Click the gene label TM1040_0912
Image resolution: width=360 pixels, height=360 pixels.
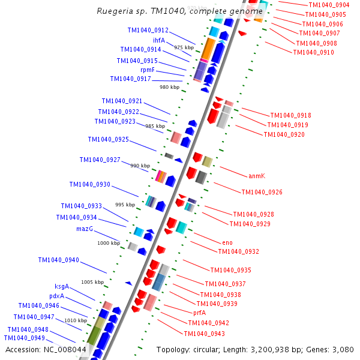[148, 30]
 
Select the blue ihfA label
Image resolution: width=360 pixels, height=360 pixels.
[158, 40]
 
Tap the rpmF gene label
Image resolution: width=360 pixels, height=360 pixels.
[148, 70]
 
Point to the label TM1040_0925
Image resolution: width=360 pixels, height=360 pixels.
[108, 139]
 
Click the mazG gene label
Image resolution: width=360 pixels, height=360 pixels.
[85, 229]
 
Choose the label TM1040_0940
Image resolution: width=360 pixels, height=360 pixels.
[58, 260]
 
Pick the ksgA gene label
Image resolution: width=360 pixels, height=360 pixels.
[62, 286]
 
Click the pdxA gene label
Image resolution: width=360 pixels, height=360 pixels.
[57, 296]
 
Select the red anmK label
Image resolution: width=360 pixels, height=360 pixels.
[257, 176]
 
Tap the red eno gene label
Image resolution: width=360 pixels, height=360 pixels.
[227, 242]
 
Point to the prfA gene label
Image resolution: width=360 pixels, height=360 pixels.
[200, 313]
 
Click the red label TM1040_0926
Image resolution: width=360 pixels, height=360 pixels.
[262, 192]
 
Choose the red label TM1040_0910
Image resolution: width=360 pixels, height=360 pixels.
[313, 53]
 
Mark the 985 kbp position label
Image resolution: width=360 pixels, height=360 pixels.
[155, 126]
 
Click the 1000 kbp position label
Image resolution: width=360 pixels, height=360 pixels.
[109, 243]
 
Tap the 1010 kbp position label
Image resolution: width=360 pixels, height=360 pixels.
[75, 320]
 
